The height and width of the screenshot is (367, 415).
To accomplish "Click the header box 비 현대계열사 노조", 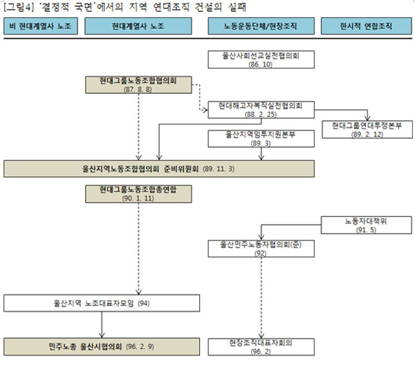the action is (41, 26).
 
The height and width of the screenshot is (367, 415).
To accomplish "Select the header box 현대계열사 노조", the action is (138, 26).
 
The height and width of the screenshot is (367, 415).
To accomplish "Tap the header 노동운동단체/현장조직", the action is (261, 26).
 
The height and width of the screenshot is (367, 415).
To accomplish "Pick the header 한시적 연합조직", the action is (367, 26).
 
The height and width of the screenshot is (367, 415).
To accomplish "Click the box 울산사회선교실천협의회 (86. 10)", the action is (261, 59).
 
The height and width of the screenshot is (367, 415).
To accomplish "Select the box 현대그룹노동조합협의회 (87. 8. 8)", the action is (138, 85).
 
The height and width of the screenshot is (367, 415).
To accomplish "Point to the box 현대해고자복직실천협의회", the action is (261, 110).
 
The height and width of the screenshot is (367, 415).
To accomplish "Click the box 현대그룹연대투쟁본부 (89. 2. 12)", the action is (367, 129).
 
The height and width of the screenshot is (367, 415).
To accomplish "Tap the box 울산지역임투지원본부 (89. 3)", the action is (261, 138).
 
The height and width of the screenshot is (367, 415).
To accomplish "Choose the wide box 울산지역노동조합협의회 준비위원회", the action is (159, 169).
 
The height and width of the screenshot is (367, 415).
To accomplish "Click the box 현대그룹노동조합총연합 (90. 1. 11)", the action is (138, 194).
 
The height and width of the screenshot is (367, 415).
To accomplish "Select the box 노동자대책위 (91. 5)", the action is (367, 225).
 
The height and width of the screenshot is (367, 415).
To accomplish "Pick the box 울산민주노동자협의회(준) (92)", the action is (261, 249).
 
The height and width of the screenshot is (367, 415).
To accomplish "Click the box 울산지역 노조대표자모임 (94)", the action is (102, 303).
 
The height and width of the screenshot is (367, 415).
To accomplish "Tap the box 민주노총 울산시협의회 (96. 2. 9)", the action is (102, 347).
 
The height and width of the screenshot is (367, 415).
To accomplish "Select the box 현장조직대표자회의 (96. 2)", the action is (261, 347).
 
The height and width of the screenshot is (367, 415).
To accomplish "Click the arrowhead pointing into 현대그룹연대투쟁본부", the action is (367, 118).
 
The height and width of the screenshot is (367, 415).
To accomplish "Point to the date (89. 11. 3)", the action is (219, 169).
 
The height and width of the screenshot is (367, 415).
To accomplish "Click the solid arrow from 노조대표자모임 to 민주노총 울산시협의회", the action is (102, 325).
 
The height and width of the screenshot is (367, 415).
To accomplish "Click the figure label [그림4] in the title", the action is (19, 7).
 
